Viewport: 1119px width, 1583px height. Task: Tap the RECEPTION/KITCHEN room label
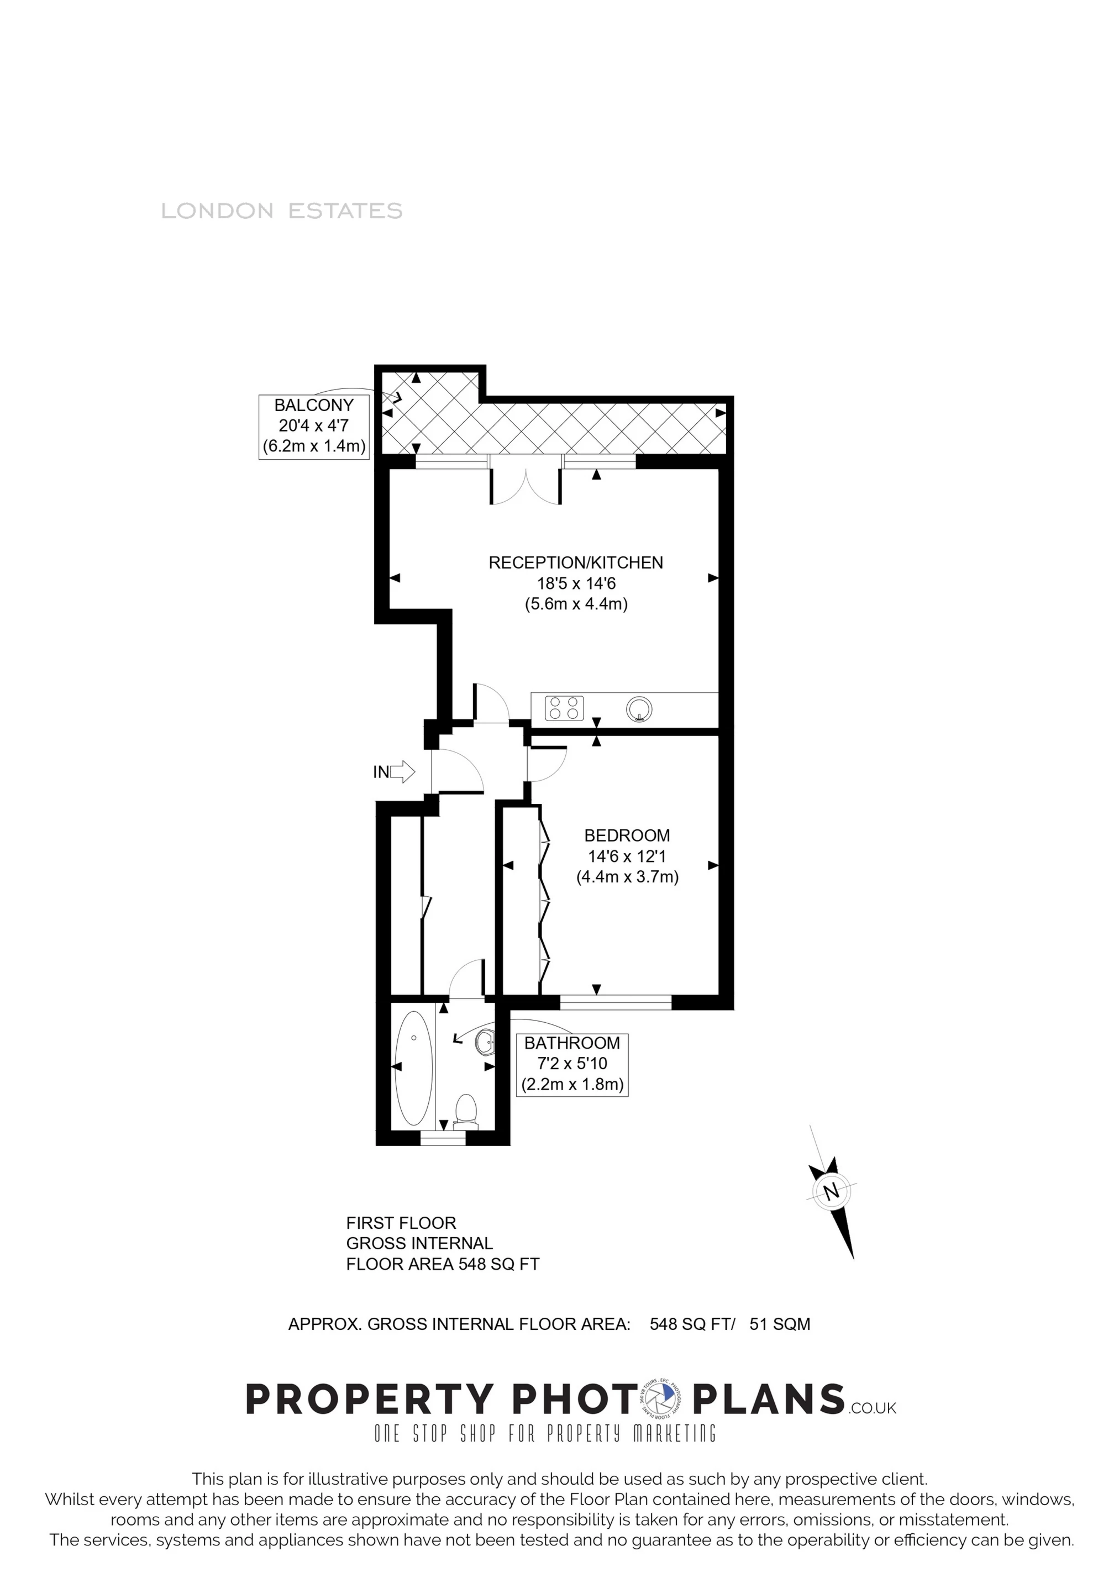coord(576,562)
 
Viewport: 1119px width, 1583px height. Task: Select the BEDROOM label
coord(627,835)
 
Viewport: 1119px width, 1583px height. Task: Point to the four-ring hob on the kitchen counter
coord(564,708)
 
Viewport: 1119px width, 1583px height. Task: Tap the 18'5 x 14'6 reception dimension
coord(576,583)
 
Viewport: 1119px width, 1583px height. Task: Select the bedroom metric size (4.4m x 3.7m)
coord(627,877)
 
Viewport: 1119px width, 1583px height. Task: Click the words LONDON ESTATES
coord(281,211)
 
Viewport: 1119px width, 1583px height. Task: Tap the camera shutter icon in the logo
coord(663,1399)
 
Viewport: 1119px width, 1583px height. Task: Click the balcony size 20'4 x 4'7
coord(314,425)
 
